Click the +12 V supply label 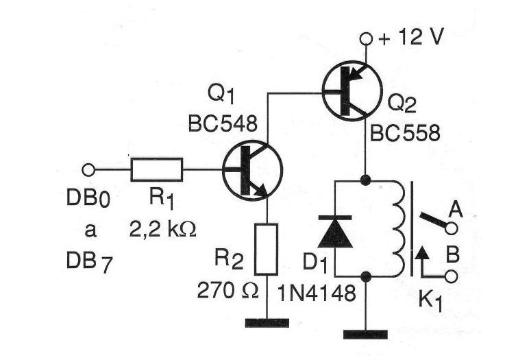[x=411, y=37]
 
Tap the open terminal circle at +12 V [x=366, y=39]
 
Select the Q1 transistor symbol [x=252, y=171]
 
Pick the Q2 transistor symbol [x=352, y=91]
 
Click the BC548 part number [x=223, y=123]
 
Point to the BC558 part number [x=405, y=133]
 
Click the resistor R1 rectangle [x=157, y=169]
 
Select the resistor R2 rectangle [x=267, y=250]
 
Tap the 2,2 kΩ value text [x=163, y=230]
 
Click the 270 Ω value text [x=228, y=290]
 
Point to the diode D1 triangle [x=335, y=234]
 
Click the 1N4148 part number [x=317, y=293]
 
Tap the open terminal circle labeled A [x=452, y=228]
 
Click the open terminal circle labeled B [x=452, y=276]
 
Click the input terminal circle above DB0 [x=88, y=169]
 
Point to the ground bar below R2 [x=267, y=323]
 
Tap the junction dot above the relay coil [x=365, y=180]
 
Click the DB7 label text [x=90, y=262]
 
